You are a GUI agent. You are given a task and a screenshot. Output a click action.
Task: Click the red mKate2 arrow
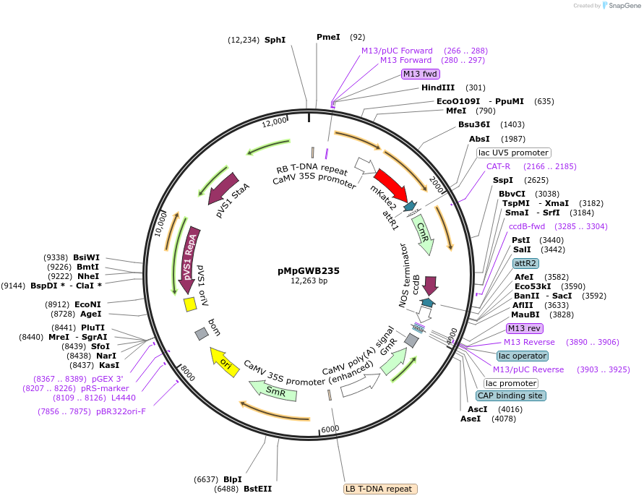[390, 185]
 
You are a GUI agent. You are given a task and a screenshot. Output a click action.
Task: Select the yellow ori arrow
[223, 359]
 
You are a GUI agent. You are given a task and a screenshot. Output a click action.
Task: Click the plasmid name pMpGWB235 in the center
[309, 271]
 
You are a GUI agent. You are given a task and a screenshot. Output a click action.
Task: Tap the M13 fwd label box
[421, 74]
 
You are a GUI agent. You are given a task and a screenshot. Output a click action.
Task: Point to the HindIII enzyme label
[439, 87]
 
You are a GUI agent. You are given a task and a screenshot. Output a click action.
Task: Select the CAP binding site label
[510, 395]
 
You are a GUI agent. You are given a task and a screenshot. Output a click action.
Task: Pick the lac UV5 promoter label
[514, 153]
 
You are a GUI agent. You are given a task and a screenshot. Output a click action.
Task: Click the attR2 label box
[525, 263]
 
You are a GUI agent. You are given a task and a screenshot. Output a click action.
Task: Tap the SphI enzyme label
[275, 40]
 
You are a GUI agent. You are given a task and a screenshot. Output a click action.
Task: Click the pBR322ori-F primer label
[121, 411]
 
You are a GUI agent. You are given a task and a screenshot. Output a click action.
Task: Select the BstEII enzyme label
[258, 489]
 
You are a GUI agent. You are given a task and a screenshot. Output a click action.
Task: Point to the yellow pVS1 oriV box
[190, 304]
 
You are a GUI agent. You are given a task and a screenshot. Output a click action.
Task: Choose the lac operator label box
[523, 356]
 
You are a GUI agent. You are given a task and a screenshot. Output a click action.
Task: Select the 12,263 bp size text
[309, 281]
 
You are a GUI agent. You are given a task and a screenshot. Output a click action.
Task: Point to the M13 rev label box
[524, 328]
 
